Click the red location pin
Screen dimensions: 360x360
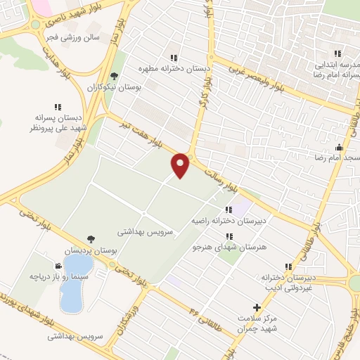tap(181, 165)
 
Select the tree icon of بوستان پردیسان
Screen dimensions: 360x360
tap(91, 240)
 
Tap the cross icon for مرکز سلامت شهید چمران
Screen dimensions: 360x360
tap(257, 307)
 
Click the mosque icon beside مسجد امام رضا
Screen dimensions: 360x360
tap(339, 148)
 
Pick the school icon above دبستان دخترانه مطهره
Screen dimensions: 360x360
tap(174, 58)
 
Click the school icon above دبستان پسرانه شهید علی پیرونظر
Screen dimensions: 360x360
tap(57, 106)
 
